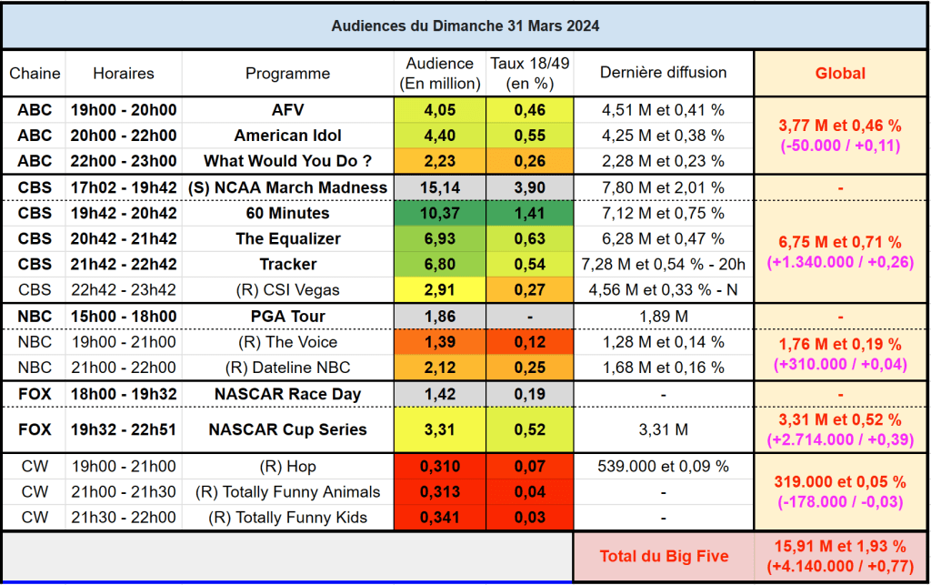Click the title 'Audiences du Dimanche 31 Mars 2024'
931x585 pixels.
(x=465, y=25)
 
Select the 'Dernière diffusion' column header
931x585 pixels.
(x=664, y=73)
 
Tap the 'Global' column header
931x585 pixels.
(x=840, y=73)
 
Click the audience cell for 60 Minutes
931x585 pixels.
(x=439, y=213)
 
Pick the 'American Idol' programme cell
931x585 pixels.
(x=288, y=136)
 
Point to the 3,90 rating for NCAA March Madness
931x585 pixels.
(x=529, y=187)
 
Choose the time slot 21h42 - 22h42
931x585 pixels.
(x=124, y=264)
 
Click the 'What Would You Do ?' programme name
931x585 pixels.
(x=288, y=161)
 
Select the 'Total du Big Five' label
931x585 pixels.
(x=664, y=556)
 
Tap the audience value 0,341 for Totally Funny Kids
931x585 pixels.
(x=439, y=518)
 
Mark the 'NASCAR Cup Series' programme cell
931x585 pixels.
(x=288, y=429)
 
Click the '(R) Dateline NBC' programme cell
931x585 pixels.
(x=288, y=368)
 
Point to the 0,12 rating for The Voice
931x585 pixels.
(x=529, y=342)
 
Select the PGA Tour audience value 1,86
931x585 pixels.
(x=439, y=317)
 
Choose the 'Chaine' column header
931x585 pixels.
(x=35, y=73)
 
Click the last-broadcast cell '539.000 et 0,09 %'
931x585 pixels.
(x=664, y=467)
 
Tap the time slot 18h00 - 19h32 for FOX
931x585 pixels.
(x=124, y=394)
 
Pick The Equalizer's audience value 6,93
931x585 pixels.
(x=439, y=238)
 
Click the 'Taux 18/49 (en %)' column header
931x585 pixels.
(x=529, y=73)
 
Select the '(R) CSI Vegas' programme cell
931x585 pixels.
(x=288, y=290)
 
